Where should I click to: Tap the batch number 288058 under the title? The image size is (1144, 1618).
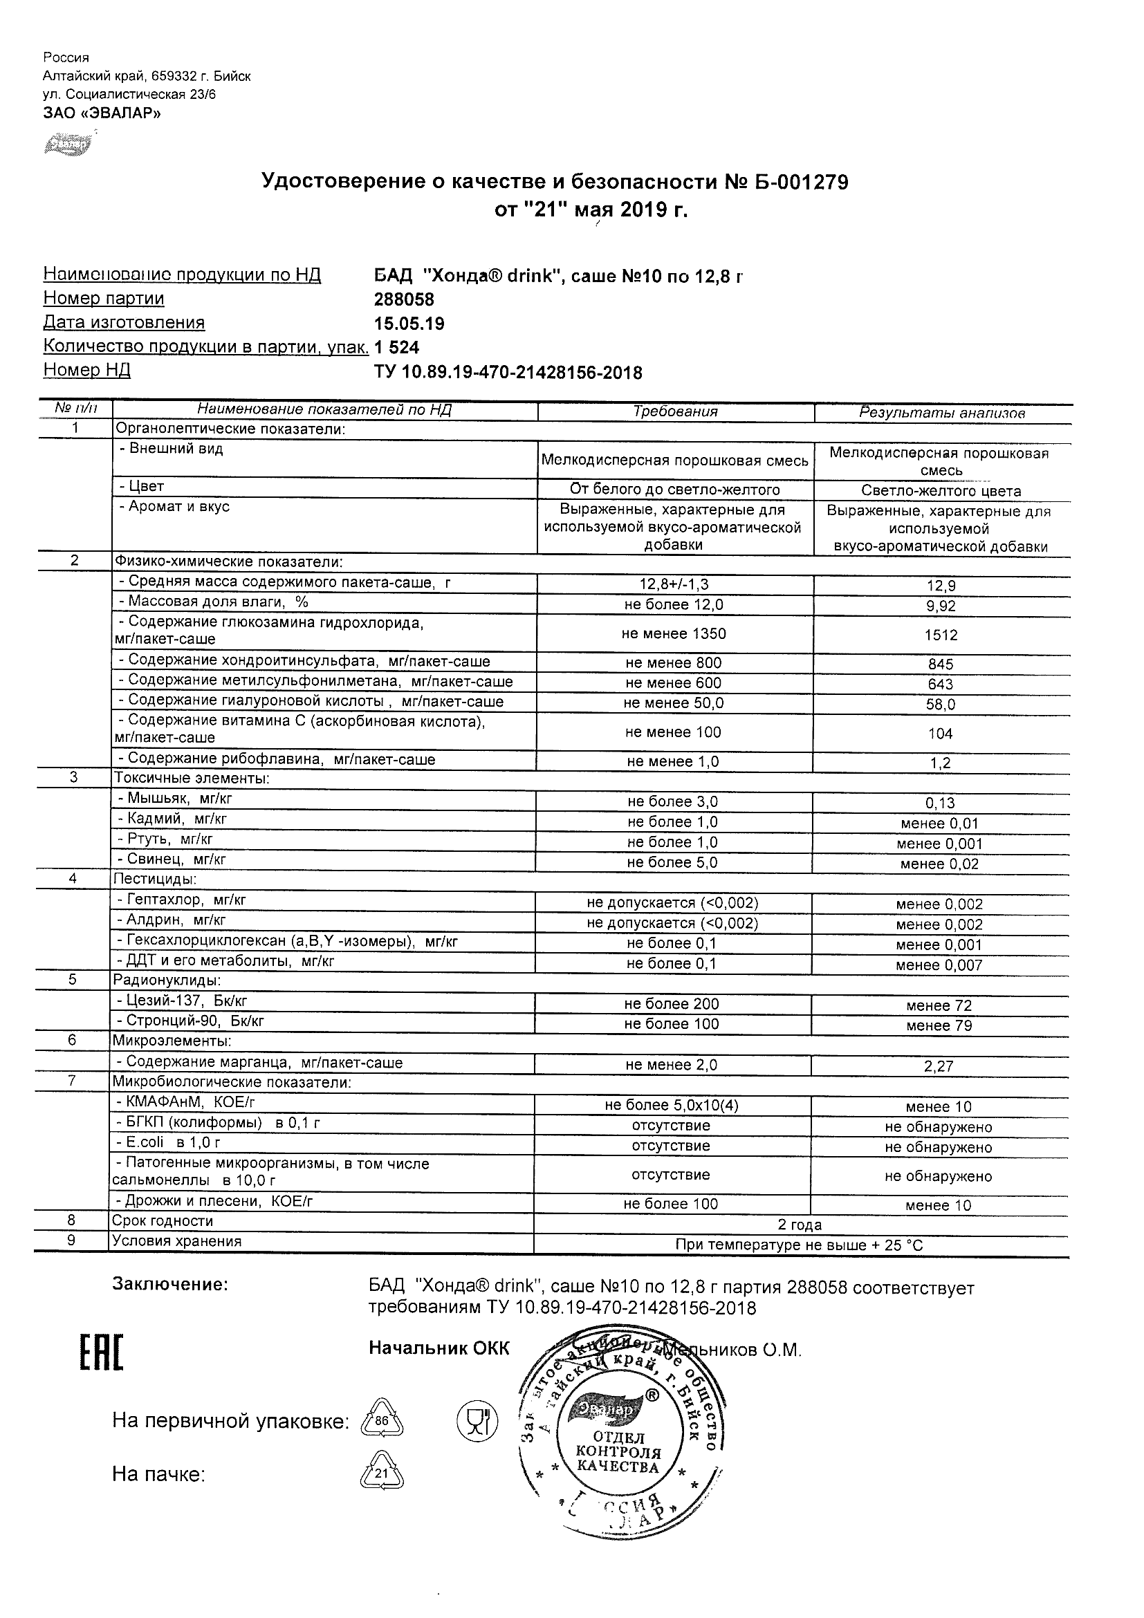pos(404,299)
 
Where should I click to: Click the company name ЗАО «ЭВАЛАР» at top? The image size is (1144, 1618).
pos(102,113)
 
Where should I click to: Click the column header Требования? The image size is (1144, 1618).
pos(674,412)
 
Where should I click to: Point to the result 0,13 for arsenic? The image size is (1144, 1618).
pos(940,803)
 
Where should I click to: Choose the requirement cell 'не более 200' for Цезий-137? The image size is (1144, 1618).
pos(672,1004)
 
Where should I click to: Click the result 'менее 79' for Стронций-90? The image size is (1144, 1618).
pos(939,1025)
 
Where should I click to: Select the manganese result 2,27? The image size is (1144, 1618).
pos(939,1066)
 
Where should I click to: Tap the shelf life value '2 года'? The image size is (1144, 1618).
pos(800,1225)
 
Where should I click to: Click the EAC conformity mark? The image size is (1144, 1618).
pos(102,1352)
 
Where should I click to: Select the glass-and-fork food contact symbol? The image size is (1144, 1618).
pos(477,1420)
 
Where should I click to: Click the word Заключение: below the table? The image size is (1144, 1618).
pos(170,1285)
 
